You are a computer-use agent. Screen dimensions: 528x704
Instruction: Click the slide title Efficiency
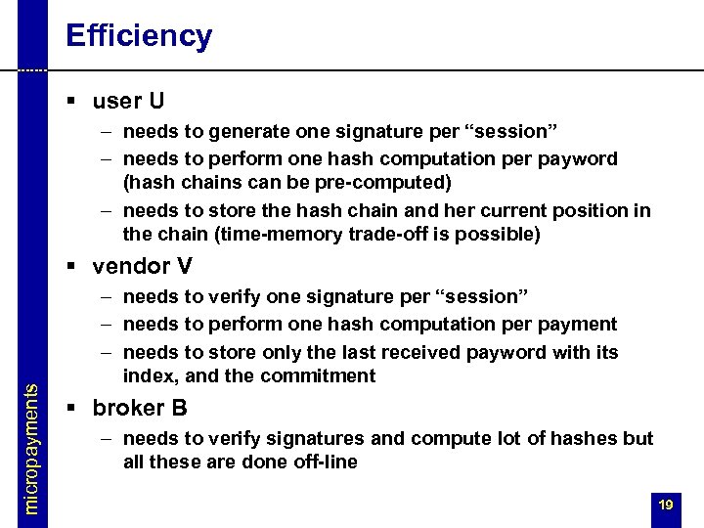point(138,36)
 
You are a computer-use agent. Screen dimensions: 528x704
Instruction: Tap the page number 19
point(666,505)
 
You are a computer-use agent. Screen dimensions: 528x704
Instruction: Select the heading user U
point(128,101)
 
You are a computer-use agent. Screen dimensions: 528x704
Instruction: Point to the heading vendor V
point(142,266)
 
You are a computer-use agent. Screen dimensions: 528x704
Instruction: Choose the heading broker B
point(140,408)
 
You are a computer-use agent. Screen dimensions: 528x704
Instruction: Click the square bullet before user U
point(72,102)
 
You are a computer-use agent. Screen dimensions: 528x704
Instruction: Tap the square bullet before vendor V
point(72,267)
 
